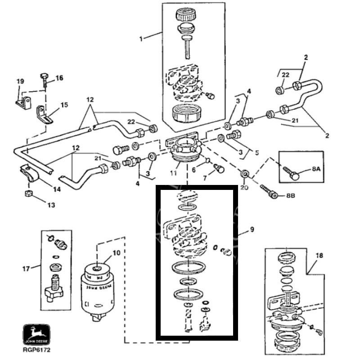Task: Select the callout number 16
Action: [x=59, y=78]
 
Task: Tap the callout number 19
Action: [x=20, y=81]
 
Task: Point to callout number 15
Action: [x=64, y=105]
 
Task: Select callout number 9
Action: [x=252, y=230]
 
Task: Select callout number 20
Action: [x=243, y=188]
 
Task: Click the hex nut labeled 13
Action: [x=27, y=193]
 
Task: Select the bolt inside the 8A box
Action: [x=292, y=173]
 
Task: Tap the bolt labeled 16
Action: [x=45, y=79]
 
